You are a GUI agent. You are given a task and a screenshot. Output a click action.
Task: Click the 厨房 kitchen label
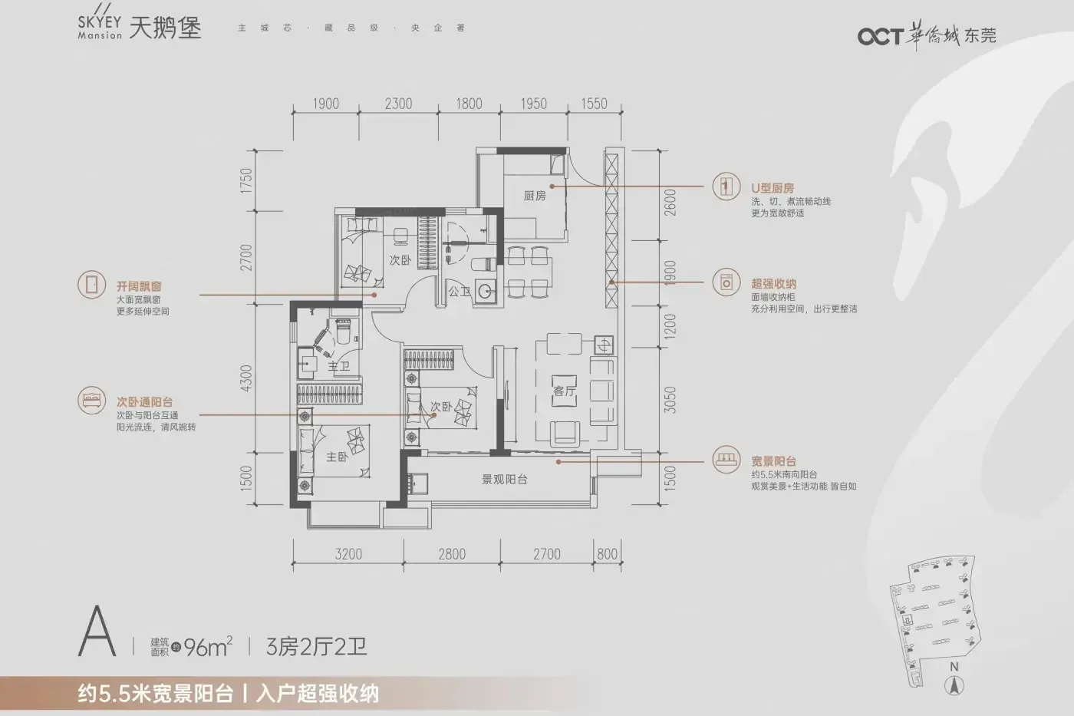click(x=535, y=196)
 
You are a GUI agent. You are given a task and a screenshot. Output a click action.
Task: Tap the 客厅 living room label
click(x=564, y=391)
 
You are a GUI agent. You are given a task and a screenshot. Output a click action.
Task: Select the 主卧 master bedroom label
click(x=337, y=457)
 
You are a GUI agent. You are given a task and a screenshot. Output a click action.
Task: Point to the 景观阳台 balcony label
click(x=505, y=479)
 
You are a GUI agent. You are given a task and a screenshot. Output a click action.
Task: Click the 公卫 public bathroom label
click(x=459, y=291)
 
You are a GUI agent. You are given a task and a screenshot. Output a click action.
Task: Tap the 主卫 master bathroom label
click(x=338, y=367)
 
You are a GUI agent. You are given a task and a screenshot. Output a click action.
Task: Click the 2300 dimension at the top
click(x=398, y=104)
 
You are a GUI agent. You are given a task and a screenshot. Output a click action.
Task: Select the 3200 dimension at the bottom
click(x=348, y=554)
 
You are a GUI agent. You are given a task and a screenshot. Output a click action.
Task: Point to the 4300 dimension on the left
click(x=246, y=378)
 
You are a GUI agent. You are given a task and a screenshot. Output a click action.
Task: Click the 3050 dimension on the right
click(x=670, y=400)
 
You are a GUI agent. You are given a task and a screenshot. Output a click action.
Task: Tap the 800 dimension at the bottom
click(x=607, y=554)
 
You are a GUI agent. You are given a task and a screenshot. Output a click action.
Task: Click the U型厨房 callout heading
click(x=773, y=188)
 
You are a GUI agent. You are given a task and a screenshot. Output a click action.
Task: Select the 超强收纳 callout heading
click(x=773, y=283)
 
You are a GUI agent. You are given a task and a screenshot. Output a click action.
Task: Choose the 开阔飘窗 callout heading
click(x=139, y=286)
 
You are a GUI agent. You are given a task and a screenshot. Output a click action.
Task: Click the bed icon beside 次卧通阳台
click(x=91, y=400)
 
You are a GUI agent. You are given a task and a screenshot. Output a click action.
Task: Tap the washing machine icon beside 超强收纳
click(x=726, y=282)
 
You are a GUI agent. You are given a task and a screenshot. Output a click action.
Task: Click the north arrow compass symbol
click(x=954, y=687)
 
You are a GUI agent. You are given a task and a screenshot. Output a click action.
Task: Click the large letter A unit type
click(x=97, y=631)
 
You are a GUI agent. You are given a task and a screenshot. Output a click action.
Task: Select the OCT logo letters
click(x=881, y=36)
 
